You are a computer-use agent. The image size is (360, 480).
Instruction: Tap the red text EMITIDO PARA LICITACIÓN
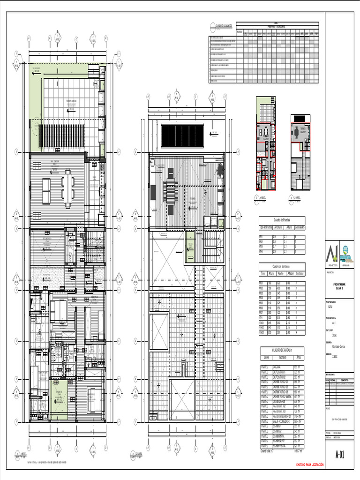pyautogui.click(x=309, y=465)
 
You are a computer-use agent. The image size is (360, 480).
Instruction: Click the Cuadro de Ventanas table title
pyautogui.click(x=282, y=265)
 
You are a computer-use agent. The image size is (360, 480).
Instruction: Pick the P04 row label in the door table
pyautogui.click(x=261, y=252)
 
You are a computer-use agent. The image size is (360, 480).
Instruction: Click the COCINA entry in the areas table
pyautogui.click(x=277, y=367)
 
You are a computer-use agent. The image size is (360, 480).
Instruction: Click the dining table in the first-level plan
pyautogui.click(x=67, y=187)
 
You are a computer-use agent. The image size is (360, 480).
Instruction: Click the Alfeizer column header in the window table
pyautogui.click(x=290, y=273)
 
